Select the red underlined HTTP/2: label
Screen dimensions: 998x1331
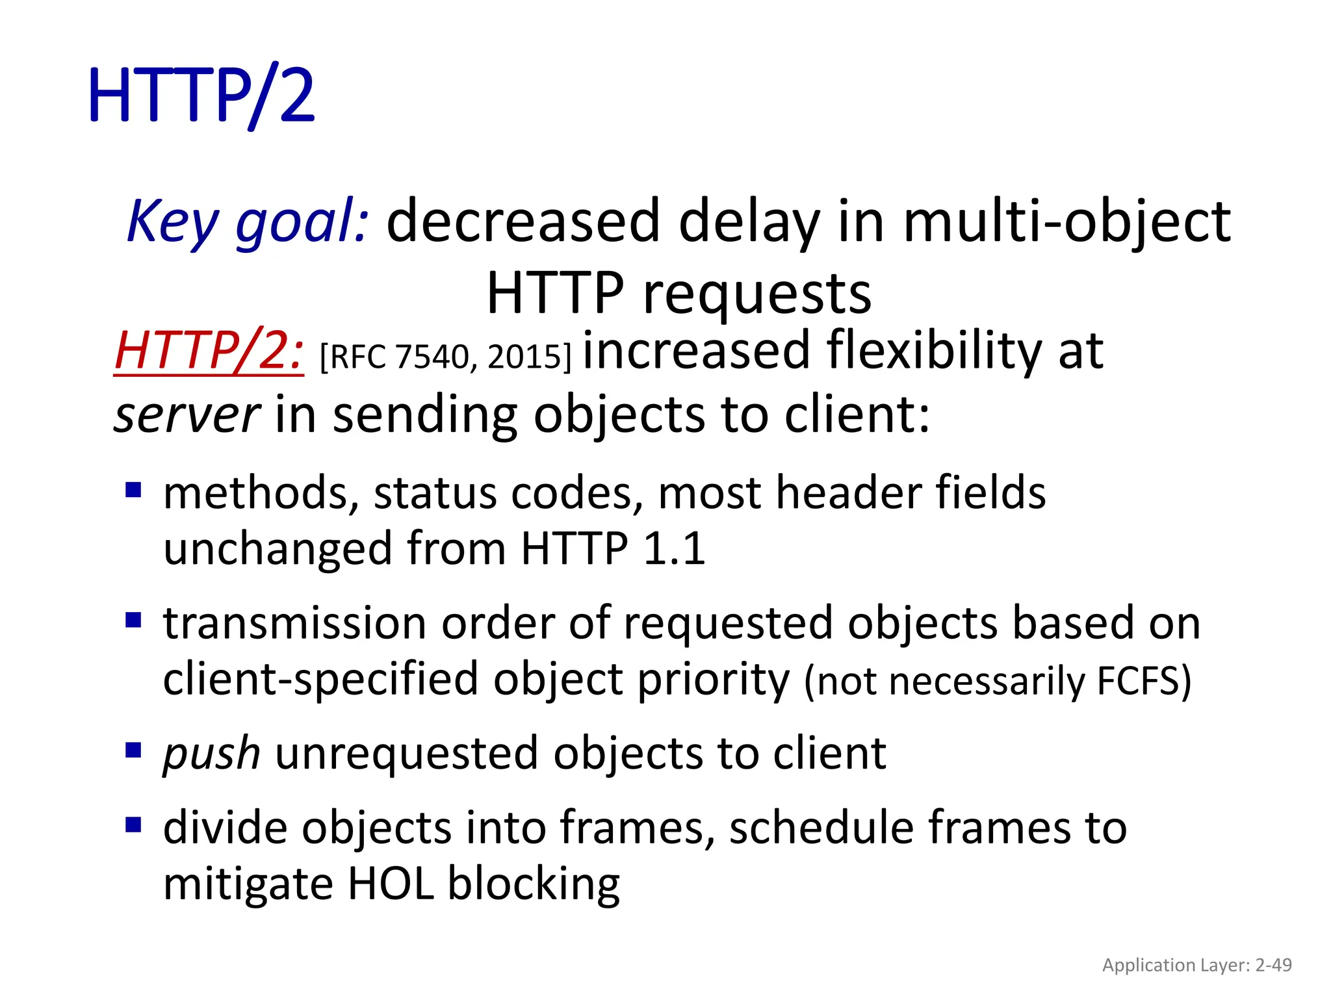pyautogui.click(x=209, y=351)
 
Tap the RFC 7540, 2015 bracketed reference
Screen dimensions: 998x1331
pyautogui.click(x=445, y=357)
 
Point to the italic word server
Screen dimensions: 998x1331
pyautogui.click(x=187, y=415)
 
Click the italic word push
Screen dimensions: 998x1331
pyautogui.click(x=211, y=754)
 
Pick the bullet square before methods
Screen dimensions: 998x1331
pyautogui.click(x=133, y=489)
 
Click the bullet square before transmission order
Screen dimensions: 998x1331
pyautogui.click(x=133, y=620)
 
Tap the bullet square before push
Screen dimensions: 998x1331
pyautogui.click(x=133, y=751)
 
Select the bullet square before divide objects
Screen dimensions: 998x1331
pyautogui.click(x=133, y=825)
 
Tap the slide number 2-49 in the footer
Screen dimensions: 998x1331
pyautogui.click(x=1273, y=965)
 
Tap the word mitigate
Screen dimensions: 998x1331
pyautogui.click(x=248, y=884)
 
